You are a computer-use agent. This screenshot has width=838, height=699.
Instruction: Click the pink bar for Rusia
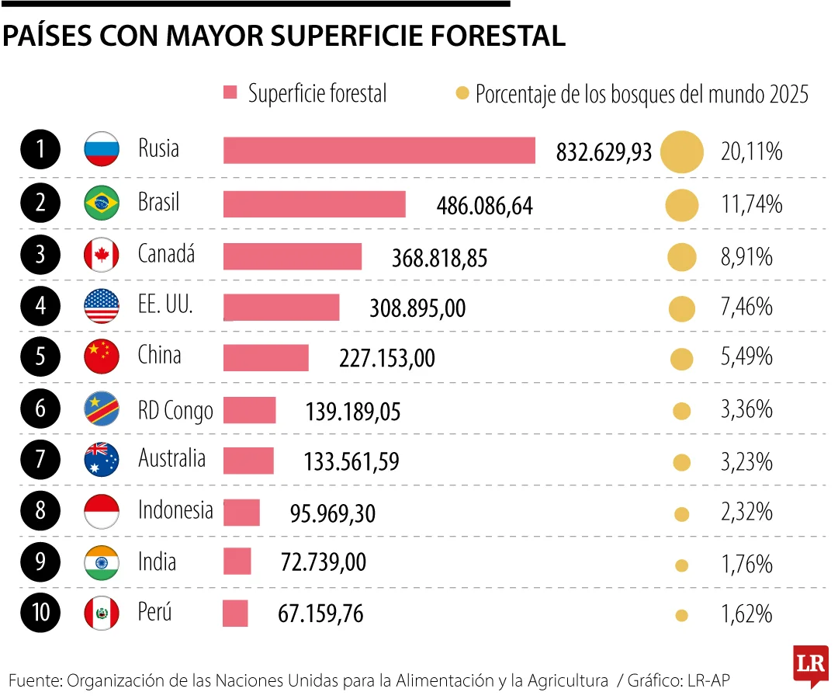point(379,151)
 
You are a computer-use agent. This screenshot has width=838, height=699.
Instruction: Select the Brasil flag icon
point(102,203)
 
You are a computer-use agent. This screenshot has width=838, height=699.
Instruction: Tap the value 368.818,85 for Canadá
point(439,258)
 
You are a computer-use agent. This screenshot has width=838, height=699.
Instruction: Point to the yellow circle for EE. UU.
point(681,309)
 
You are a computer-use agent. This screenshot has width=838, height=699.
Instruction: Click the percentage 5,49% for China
point(746,356)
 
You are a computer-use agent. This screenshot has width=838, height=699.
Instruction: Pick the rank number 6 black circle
point(40,409)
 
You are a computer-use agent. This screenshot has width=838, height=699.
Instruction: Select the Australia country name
point(171,458)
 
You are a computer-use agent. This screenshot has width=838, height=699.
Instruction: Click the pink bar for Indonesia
point(241,513)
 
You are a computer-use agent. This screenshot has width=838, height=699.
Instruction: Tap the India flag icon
point(102,562)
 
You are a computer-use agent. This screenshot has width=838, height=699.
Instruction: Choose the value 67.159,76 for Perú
point(320,614)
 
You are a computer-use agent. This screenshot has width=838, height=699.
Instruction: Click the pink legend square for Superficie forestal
point(230,93)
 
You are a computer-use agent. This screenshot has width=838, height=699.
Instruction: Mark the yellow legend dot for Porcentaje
point(462,94)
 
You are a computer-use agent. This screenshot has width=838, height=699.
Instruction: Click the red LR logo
point(810,665)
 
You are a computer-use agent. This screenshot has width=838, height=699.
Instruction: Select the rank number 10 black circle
point(40,613)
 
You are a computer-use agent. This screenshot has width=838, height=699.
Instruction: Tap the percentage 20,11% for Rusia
point(751,151)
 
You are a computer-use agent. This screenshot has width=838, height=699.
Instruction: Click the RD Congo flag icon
point(102,409)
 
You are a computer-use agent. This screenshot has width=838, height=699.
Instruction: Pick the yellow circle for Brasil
point(681,206)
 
